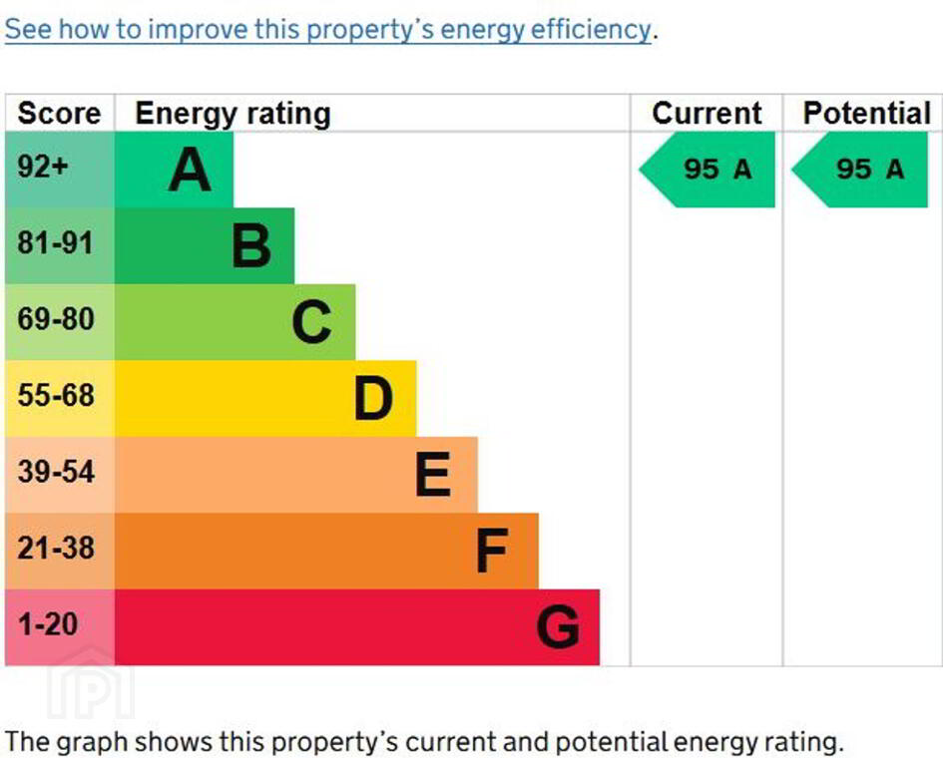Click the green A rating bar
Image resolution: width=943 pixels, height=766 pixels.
click(x=175, y=170)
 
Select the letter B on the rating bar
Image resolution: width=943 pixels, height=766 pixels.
click(x=251, y=246)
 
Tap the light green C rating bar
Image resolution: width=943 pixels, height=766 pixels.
click(x=235, y=322)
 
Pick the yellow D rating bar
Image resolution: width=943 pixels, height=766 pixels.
click(x=264, y=398)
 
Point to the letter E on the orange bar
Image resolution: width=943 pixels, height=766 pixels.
click(x=432, y=475)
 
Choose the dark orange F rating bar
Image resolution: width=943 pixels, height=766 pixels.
click(x=326, y=551)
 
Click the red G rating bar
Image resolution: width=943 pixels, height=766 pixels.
click(x=356, y=626)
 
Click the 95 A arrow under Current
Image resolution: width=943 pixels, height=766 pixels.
click(x=708, y=170)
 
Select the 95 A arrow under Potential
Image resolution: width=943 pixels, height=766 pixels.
click(x=861, y=170)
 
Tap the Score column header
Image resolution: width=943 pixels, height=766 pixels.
click(x=59, y=114)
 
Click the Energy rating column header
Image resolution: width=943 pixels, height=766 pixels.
click(x=233, y=114)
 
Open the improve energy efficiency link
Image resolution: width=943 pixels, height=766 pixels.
click(x=328, y=30)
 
